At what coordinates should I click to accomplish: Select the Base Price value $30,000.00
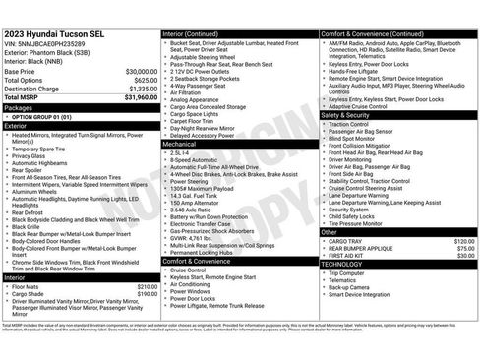[140, 72]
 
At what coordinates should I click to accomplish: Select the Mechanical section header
[181, 143]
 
